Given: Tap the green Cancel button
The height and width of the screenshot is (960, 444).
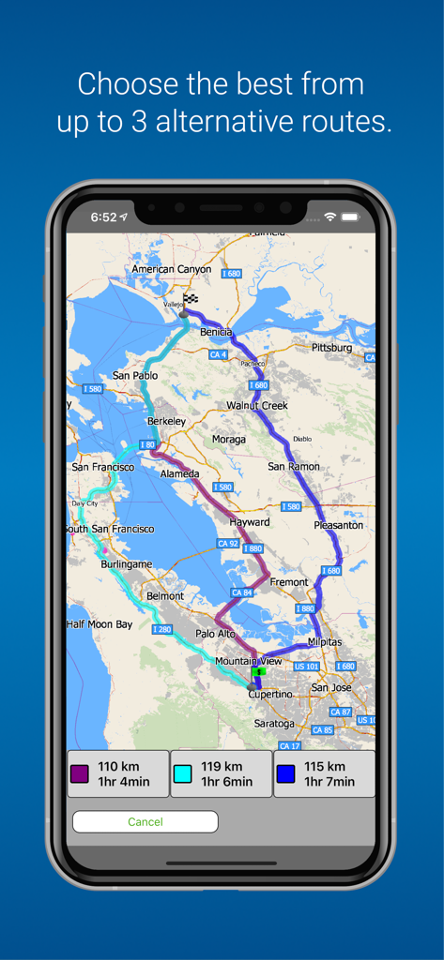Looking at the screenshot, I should click(145, 822).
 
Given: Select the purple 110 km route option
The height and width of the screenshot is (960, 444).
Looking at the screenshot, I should click(118, 774).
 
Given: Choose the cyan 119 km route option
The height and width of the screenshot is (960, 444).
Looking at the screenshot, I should click(221, 774).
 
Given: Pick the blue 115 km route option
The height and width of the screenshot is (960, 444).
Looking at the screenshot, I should click(324, 774).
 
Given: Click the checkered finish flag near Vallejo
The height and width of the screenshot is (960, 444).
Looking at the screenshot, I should click(191, 300).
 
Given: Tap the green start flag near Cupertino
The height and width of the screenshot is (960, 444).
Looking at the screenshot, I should click(258, 671).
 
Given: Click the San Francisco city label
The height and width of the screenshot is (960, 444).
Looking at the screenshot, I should click(103, 467).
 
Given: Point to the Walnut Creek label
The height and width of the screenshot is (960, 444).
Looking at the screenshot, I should click(257, 406).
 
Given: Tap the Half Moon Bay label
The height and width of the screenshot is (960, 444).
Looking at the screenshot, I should click(100, 624).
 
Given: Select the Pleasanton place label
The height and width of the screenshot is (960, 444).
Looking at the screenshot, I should click(338, 526).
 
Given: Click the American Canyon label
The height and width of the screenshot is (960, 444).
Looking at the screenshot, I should click(172, 269).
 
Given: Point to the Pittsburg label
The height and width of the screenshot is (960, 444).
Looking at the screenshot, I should click(331, 348).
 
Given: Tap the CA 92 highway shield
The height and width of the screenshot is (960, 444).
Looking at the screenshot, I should click(227, 544).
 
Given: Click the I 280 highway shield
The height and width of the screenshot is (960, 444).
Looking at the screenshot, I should click(162, 630).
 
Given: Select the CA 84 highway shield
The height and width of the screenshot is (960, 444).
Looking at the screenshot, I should click(241, 592).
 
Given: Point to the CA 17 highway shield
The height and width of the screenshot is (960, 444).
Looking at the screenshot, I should click(289, 746).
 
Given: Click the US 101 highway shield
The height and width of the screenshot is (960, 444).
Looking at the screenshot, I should click(306, 667).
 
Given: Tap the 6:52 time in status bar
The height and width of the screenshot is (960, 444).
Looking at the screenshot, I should click(103, 217).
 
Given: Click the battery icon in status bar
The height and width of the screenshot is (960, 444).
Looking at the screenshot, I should click(350, 217).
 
